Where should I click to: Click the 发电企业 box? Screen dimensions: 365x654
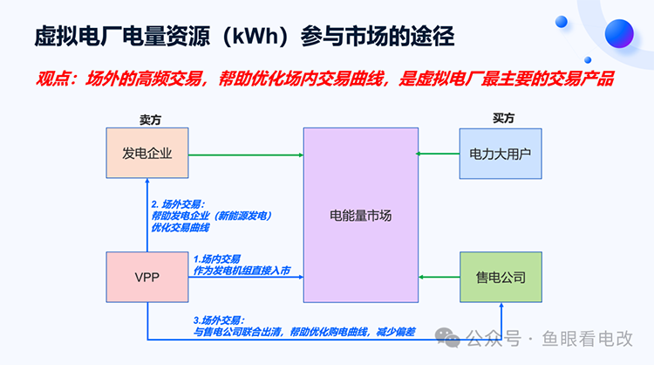(146, 154)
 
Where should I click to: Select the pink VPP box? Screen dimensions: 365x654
(146, 278)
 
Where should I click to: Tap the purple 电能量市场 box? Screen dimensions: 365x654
(360, 215)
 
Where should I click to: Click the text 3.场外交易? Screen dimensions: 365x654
(218, 320)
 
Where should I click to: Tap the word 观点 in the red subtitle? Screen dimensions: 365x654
(54, 79)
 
